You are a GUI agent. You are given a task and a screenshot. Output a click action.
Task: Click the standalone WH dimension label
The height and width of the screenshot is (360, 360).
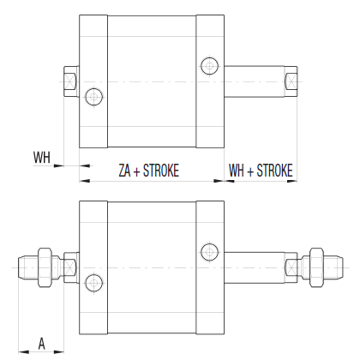coord(42,157)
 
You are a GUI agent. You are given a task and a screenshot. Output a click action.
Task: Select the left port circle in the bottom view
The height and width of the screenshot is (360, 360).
coord(94,280)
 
